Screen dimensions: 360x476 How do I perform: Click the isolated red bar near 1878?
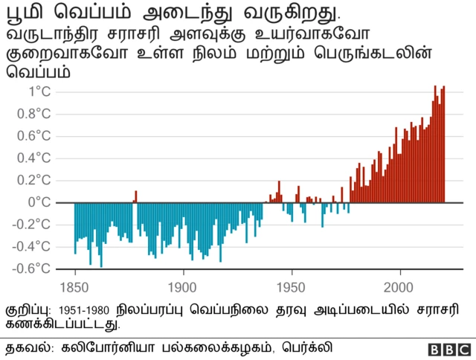135,196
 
